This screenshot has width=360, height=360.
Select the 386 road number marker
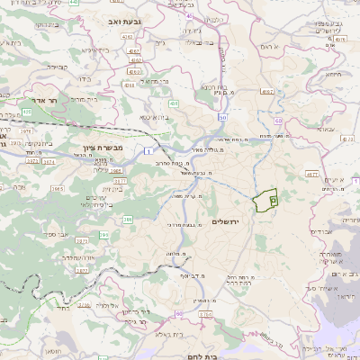tap(128, 220)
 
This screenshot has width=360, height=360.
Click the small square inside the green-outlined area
tap(273, 203)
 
